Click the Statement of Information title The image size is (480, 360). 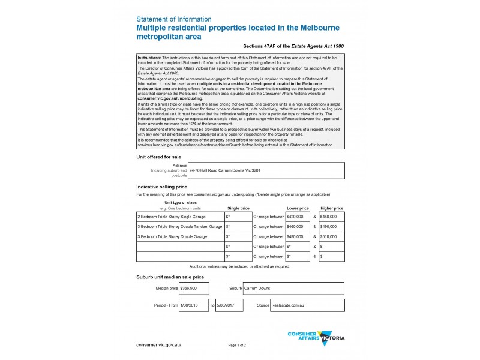click(174, 19)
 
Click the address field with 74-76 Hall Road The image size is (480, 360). click(266, 170)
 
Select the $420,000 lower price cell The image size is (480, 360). click(298, 216)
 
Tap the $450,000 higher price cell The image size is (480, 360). click(332, 216)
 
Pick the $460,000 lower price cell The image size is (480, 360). click(298, 226)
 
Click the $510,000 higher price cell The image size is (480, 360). click(332, 236)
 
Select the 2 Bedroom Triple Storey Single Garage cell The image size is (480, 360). click(180, 216)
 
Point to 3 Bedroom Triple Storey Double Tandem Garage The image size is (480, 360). click(180, 226)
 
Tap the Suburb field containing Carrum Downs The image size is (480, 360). click(293, 289)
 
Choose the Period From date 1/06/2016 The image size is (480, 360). click(193, 305)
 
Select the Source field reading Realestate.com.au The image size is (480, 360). click(307, 305)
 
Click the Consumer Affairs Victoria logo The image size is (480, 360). click(316, 337)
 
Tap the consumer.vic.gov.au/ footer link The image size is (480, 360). click(158, 345)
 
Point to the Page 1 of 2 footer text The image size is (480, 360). click(237, 346)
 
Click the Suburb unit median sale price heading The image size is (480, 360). click(170, 277)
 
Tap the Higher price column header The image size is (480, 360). click(332, 208)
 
